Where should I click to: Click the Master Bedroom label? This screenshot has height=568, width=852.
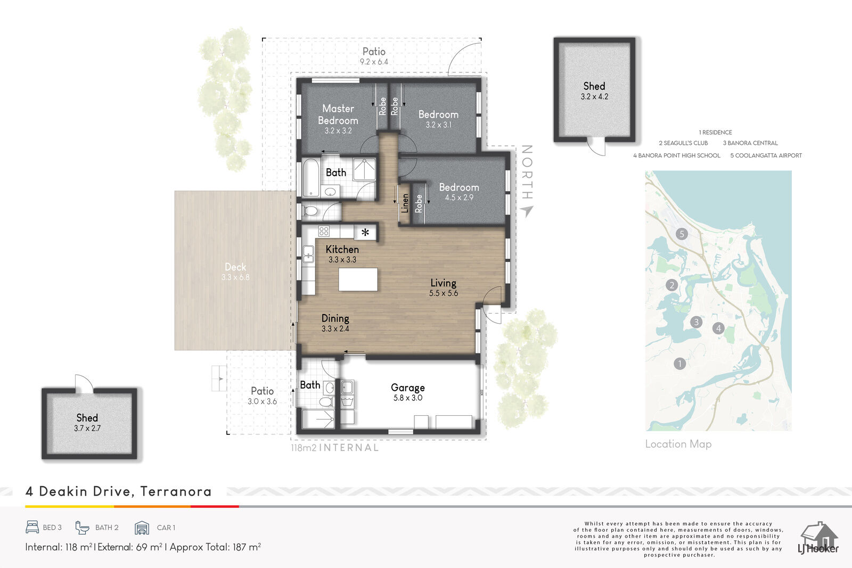(x=338, y=114)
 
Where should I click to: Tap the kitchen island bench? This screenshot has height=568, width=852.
(x=358, y=279)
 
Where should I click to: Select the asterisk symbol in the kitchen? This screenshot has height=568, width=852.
(x=365, y=232)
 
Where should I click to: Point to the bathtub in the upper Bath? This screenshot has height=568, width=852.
(x=311, y=178)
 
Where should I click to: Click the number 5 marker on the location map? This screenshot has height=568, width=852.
(x=682, y=234)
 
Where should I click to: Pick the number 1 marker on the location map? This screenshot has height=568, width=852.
(x=679, y=364)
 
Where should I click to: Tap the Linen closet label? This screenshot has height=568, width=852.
(x=405, y=203)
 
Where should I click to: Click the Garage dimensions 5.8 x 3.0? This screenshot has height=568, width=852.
(x=408, y=398)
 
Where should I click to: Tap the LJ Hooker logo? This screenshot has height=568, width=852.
(x=818, y=538)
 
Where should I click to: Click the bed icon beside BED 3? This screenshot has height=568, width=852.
(x=32, y=528)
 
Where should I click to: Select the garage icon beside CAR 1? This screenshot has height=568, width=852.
(x=142, y=528)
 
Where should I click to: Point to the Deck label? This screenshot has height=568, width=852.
(x=235, y=267)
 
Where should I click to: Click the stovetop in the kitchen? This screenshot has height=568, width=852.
(x=324, y=231)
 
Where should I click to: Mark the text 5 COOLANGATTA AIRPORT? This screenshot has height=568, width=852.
(x=766, y=155)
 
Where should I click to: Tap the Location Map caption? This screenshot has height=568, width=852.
(x=678, y=444)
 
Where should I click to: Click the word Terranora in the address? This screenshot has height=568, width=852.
(x=176, y=491)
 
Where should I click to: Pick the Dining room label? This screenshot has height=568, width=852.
(x=335, y=318)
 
